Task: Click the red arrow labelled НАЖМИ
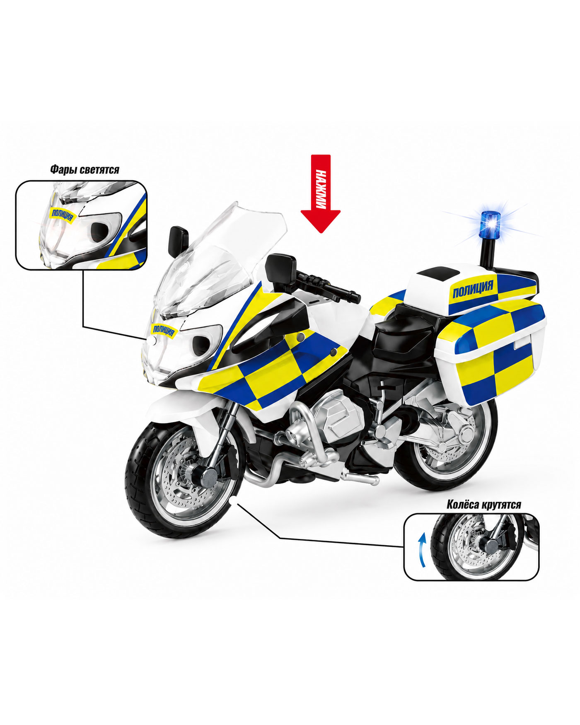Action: pos(320,193)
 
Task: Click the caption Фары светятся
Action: pos(85,169)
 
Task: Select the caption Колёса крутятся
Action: pos(484,504)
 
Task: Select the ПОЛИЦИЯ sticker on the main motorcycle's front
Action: pos(165,329)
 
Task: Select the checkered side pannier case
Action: pos(493,352)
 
